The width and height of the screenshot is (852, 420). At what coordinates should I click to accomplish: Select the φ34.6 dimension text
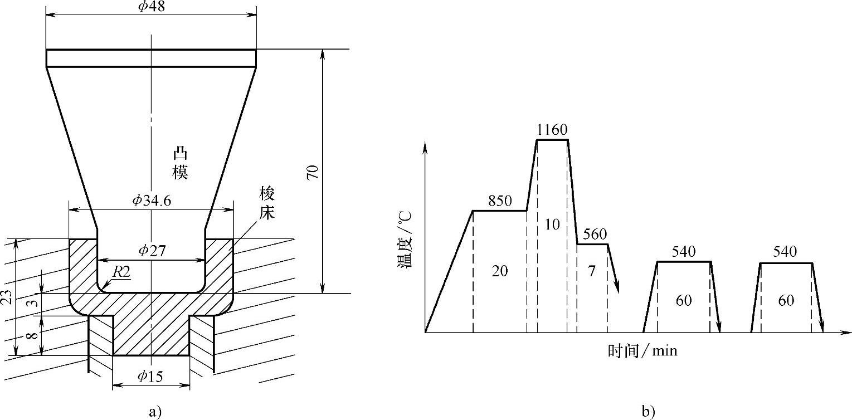coord(151,201)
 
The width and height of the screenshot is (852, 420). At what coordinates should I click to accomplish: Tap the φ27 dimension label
coord(151,251)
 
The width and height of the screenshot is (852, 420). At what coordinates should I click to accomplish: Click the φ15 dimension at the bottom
coord(150,377)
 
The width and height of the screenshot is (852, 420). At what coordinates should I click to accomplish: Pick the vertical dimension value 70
coord(313,172)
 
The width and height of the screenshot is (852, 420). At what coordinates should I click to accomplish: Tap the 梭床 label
coord(267,203)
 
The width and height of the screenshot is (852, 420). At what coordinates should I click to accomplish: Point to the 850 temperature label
coord(499,201)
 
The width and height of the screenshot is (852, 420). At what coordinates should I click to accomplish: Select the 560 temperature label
coord(592,235)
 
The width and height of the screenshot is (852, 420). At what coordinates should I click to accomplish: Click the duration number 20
coord(500,271)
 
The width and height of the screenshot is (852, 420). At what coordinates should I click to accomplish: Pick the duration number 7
coord(592,271)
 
